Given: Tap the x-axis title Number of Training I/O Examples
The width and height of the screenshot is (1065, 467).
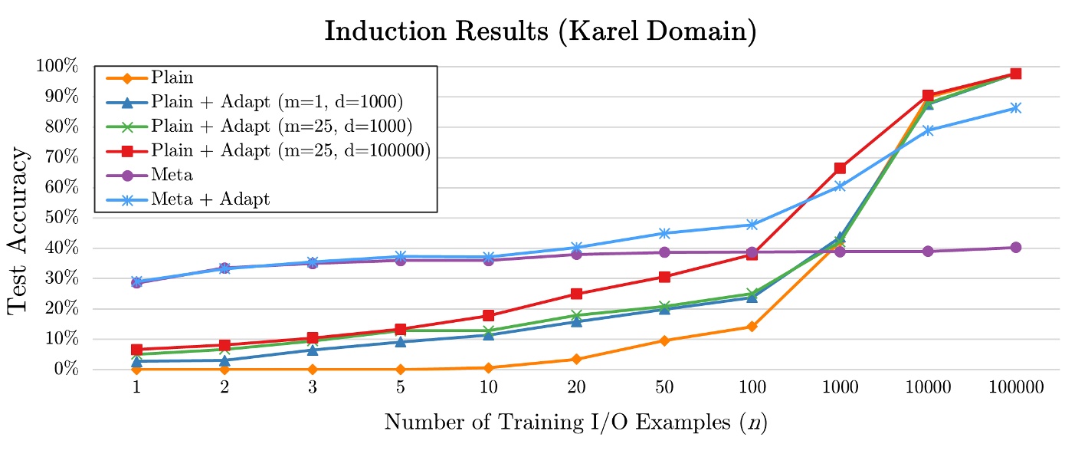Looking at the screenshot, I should tap(575, 422).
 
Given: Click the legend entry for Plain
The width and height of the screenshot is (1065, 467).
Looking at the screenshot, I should tap(172, 77).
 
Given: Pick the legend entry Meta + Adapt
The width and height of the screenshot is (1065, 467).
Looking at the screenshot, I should tap(211, 199).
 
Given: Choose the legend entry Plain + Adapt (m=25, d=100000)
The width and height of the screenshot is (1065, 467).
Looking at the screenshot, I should tap(290, 150).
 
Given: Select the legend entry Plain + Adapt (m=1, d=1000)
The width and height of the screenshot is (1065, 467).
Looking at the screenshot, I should tap(276, 102).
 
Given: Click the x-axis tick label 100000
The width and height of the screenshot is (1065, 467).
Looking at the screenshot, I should tap(1015, 388).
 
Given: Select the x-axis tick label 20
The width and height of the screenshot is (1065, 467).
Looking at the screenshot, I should tap(575, 388).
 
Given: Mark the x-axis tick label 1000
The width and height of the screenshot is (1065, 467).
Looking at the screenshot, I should tap(840, 388).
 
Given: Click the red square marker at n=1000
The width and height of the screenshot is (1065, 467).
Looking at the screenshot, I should tap(840, 168).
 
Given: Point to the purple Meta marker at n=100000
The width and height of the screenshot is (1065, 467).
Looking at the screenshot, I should tap(1015, 247).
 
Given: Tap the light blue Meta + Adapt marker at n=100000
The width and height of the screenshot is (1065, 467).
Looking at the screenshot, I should tap(1015, 108).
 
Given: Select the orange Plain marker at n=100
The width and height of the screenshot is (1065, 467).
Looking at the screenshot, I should tap(752, 327).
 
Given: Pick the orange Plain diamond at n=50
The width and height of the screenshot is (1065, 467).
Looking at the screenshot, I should tap(664, 340).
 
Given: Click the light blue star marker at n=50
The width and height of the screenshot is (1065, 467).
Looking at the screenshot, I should tap(664, 233).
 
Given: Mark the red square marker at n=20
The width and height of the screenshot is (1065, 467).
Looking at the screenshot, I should tap(575, 294).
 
